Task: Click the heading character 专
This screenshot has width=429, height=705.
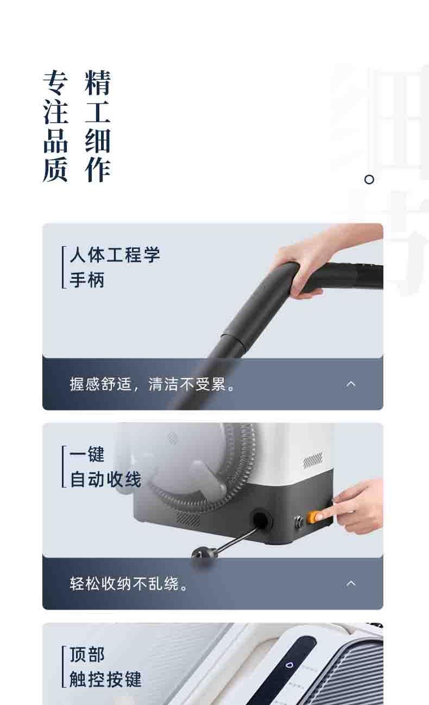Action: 55,83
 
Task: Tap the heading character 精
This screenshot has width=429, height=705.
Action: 97,83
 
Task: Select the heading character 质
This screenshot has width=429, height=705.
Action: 55,170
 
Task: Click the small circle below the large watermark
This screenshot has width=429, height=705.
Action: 369,180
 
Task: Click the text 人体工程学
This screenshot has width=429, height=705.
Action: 115,255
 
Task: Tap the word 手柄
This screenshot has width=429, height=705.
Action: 87,280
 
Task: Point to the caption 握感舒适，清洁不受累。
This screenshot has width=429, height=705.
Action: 152,384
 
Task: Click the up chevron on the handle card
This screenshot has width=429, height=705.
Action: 351,384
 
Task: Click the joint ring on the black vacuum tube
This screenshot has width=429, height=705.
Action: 235,341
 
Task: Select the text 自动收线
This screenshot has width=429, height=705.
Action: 105,479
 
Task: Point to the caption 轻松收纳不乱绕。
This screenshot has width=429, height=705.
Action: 129,584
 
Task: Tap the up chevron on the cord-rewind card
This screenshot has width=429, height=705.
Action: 351,584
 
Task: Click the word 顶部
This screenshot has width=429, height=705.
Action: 87,655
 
